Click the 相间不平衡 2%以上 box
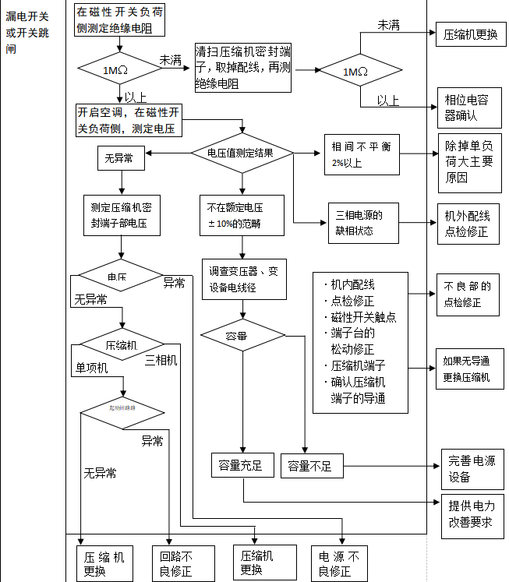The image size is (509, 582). tap(361, 153)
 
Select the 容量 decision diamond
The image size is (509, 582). tap(242, 337)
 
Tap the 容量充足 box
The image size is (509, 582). tap(241, 466)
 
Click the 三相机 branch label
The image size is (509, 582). tap(161, 360)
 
